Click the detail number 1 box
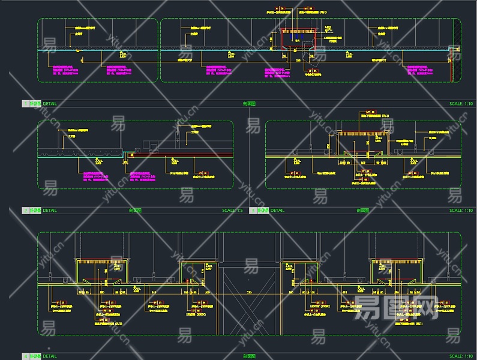[x=25, y=104]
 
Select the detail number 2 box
[x=25, y=211]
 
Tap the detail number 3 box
[x=253, y=211]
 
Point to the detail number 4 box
[x=25, y=356]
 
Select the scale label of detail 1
[x=461, y=104]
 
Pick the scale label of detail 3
[x=461, y=211]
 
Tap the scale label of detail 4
[x=461, y=356]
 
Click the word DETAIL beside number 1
[x=50, y=104]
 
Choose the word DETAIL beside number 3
[x=277, y=211]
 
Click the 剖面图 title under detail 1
[x=249, y=104]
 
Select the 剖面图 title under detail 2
[x=135, y=211]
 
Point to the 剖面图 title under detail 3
[x=362, y=211]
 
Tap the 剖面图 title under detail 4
[x=249, y=356]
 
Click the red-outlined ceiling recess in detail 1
[x=298, y=39]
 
